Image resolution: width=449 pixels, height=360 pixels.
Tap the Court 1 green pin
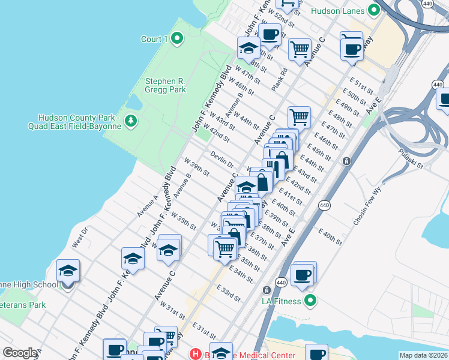pos(176,39)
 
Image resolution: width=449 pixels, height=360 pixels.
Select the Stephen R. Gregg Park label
pos(165,86)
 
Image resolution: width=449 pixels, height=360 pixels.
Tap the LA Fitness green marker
pos(310,301)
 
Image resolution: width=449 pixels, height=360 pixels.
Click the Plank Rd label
pos(279,79)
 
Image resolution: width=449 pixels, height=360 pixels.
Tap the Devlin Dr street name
pos(221,160)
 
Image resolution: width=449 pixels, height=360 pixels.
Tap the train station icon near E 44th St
pos(346,161)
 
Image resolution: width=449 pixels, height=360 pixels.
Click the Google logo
pos(20,353)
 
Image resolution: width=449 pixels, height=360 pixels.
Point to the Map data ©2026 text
pos(423,355)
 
